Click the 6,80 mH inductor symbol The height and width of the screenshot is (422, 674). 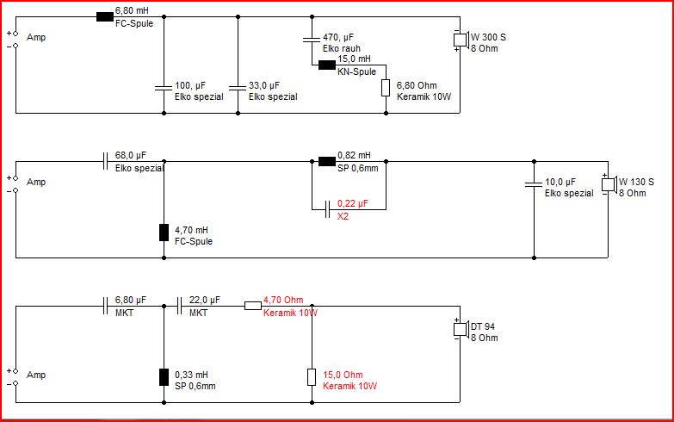coord(105,16)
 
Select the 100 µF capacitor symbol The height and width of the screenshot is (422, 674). coord(164,88)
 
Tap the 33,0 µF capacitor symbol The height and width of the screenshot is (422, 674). coord(238,88)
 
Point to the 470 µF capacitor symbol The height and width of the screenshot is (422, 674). coord(312,40)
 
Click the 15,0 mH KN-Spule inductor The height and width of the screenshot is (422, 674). coord(327,65)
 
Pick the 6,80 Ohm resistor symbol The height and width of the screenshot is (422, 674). coord(386,88)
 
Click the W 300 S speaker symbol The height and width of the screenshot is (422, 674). coord(461,40)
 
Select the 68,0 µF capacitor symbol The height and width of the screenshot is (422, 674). coord(105,161)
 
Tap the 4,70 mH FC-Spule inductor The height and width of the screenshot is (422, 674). coord(164,233)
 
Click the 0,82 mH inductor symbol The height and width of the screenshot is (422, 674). coord(327,162)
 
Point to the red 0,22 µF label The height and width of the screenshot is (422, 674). coord(352,203)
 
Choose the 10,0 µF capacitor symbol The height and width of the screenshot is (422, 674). coord(534,184)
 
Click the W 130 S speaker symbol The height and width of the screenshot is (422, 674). coord(609,184)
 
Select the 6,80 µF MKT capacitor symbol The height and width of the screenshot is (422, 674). coord(105,306)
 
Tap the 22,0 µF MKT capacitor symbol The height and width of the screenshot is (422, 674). coord(179,306)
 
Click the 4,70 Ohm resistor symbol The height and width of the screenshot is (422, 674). coord(253,306)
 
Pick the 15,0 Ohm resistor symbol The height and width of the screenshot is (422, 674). coord(312,377)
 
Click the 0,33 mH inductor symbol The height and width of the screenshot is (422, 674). coord(164,377)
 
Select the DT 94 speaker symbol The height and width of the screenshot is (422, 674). coord(461,329)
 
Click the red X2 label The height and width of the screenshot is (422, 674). coord(343,216)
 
